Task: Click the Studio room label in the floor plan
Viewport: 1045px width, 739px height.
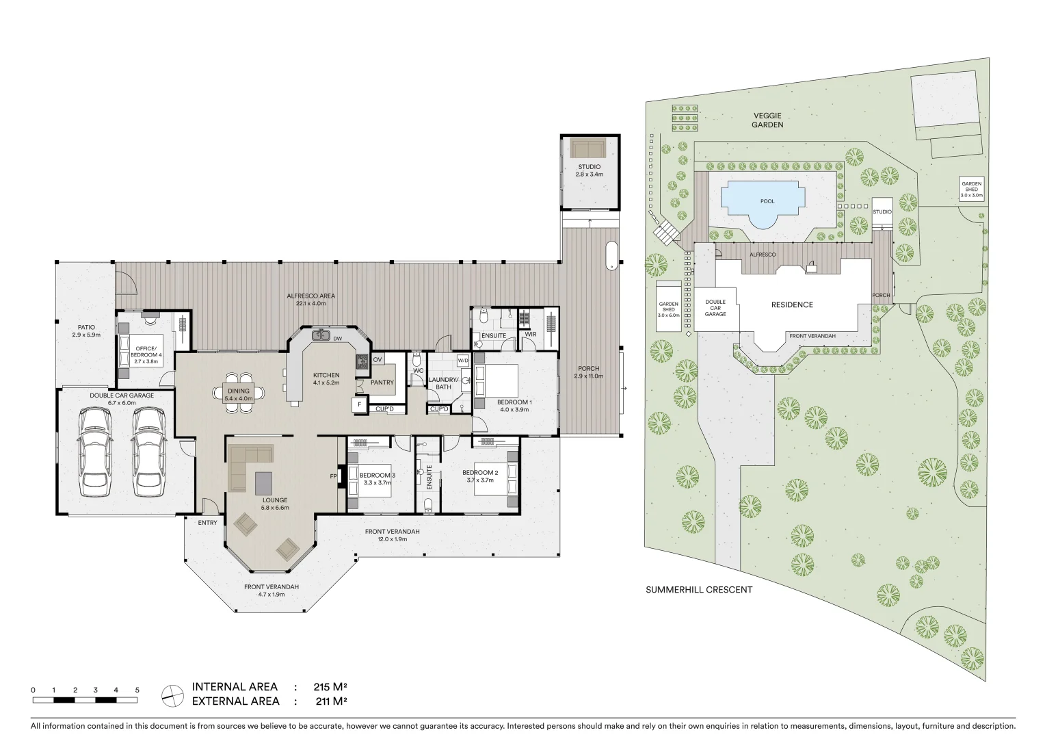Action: pos(589,167)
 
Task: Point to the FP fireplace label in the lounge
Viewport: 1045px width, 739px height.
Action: pos(334,476)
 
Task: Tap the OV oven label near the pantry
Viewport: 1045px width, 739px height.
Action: pos(377,360)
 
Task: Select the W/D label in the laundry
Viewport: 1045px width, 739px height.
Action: pos(463,361)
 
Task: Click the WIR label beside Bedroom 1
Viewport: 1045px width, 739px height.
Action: pos(531,335)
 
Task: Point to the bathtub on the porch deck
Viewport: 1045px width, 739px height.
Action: pos(612,255)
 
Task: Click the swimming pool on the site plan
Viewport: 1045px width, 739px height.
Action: pos(767,202)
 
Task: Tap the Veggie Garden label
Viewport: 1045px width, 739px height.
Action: pos(767,120)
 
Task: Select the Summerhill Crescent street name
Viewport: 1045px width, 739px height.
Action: pos(699,590)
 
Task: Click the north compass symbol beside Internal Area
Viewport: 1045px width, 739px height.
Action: pos(172,695)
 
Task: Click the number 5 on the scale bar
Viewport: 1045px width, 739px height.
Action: pos(137,690)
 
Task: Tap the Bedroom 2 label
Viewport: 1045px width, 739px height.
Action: pos(480,473)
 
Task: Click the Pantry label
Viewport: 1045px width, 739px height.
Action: pos(382,383)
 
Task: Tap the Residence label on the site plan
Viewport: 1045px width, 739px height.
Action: pos(792,305)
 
